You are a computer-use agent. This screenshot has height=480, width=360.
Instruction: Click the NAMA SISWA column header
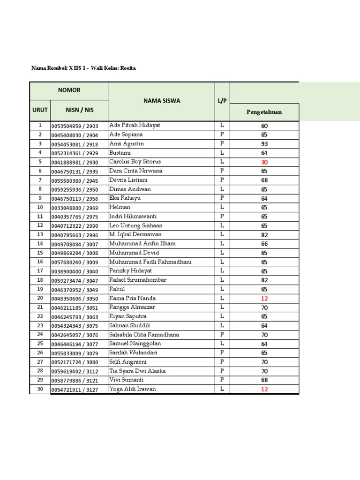click(x=162, y=101)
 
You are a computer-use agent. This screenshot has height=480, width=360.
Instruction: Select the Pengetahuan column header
click(x=264, y=112)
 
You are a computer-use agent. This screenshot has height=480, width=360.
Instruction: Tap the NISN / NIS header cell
click(x=79, y=110)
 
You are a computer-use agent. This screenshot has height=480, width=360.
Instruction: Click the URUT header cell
click(x=40, y=110)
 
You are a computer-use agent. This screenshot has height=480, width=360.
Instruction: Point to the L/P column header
click(x=222, y=101)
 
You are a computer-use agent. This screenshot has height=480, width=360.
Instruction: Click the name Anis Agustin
click(x=127, y=143)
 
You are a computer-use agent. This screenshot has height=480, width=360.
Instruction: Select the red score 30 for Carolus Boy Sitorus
click(x=264, y=162)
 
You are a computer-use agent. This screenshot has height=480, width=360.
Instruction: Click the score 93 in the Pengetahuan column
click(x=264, y=144)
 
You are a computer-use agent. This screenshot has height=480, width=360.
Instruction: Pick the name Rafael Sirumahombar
click(x=137, y=280)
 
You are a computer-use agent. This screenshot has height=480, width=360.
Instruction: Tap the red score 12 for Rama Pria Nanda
click(x=264, y=299)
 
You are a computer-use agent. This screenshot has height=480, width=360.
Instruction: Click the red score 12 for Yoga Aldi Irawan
click(x=264, y=389)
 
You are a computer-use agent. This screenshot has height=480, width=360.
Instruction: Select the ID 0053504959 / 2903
click(x=75, y=126)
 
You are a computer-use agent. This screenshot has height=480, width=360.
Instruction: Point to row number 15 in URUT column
click(x=40, y=253)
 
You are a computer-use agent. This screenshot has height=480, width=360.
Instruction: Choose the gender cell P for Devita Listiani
click(x=222, y=180)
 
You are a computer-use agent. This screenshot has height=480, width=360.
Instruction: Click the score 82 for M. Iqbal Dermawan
click(x=264, y=235)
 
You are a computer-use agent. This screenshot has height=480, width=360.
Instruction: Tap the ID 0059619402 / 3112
click(x=75, y=371)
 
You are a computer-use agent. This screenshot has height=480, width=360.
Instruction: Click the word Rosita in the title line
click(x=128, y=68)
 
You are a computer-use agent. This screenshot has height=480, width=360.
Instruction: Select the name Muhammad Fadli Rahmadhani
click(x=150, y=262)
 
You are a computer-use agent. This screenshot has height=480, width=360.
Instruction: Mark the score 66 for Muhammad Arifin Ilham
click(x=264, y=244)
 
